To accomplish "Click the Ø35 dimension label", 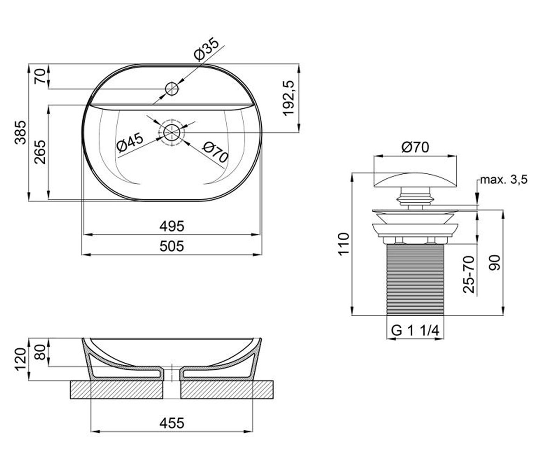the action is pyautogui.click(x=206, y=50).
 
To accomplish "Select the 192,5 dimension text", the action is pyautogui.click(x=289, y=98).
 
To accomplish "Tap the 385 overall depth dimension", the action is pyautogui.click(x=21, y=133).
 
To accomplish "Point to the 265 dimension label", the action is pyautogui.click(x=40, y=152).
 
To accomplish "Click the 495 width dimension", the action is pyautogui.click(x=172, y=226).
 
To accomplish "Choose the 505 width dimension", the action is pyautogui.click(x=172, y=246).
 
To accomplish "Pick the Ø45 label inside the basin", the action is pyautogui.click(x=130, y=142).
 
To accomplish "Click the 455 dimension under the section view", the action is pyautogui.click(x=172, y=423).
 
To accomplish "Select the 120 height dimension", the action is pyautogui.click(x=21, y=360).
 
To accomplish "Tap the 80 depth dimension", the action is pyautogui.click(x=40, y=352).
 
